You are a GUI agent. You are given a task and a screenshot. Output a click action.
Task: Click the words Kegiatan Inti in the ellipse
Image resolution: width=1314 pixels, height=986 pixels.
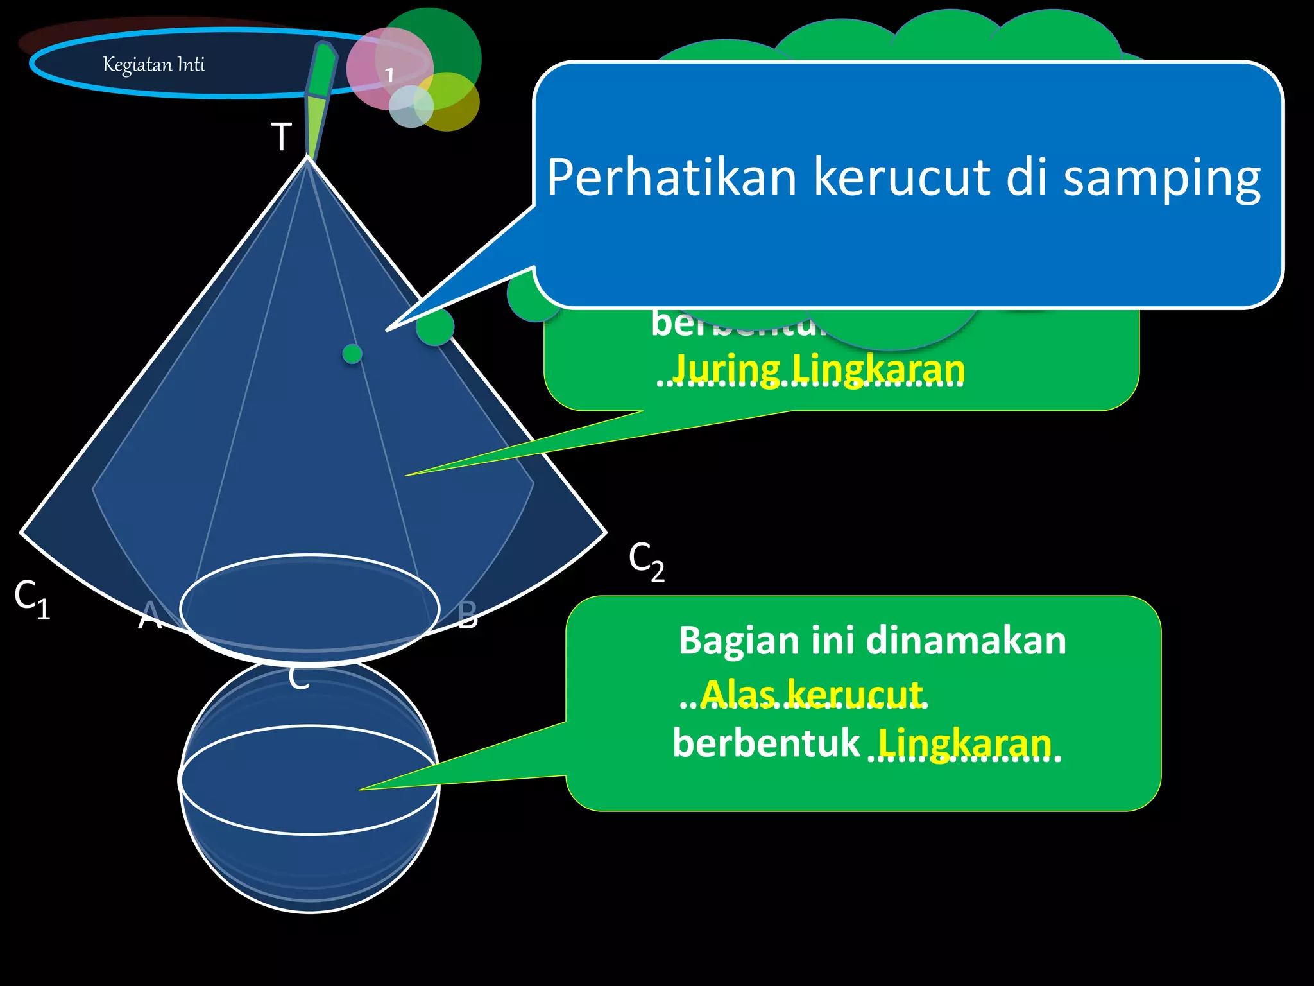[154, 65]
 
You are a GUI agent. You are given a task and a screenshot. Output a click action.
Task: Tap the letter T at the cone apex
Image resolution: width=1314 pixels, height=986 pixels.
[281, 137]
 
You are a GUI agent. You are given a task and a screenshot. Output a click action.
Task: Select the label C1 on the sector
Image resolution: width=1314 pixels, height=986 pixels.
[31, 599]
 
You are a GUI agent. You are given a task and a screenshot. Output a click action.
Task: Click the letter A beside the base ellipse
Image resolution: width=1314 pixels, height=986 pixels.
[150, 615]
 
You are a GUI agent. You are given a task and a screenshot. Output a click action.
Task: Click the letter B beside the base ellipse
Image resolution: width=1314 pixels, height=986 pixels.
[468, 615]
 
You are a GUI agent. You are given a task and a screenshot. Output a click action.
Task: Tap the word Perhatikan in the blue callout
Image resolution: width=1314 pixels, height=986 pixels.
[671, 178]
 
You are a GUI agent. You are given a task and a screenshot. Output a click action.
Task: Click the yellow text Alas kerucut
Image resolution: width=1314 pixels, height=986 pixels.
[812, 693]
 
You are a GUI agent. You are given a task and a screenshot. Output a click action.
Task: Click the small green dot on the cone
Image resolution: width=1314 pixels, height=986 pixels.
[352, 354]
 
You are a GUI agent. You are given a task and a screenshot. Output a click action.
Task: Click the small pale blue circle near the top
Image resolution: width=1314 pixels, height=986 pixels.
[411, 107]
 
